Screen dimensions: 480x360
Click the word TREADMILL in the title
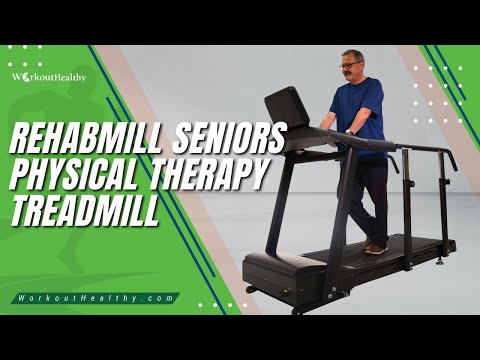[x=85, y=209]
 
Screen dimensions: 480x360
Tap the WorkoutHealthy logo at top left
[x=49, y=77]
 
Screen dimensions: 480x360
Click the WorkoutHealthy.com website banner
[x=96, y=298]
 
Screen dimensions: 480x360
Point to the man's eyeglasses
[x=349, y=65]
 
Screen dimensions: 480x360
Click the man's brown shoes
[x=375, y=247]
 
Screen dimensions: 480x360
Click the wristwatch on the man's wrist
[x=350, y=132]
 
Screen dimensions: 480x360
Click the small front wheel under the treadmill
[x=249, y=289]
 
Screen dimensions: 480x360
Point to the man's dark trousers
[x=367, y=197]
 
